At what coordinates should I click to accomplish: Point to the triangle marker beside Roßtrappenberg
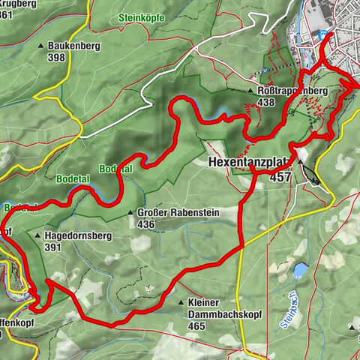(250, 91)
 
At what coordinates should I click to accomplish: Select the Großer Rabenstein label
(178, 213)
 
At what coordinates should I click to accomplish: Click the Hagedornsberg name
(78, 235)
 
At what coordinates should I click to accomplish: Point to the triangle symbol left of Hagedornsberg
(37, 235)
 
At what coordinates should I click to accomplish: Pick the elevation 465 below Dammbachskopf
(197, 326)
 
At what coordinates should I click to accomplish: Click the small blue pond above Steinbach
(301, 268)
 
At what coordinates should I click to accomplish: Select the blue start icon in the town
(322, 34)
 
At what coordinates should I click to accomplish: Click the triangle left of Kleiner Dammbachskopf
(181, 302)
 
